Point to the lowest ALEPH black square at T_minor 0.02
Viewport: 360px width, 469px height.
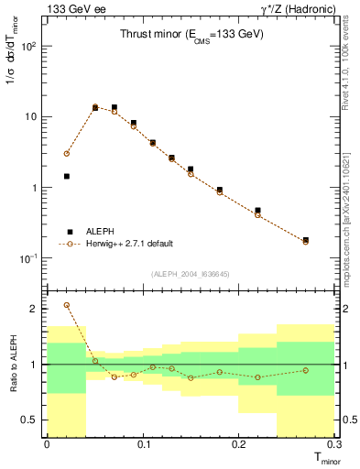[66, 176]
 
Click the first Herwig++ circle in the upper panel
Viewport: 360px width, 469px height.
[66, 154]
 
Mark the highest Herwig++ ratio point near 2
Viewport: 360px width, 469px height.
[66, 305]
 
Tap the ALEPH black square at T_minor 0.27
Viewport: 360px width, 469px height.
[306, 240]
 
